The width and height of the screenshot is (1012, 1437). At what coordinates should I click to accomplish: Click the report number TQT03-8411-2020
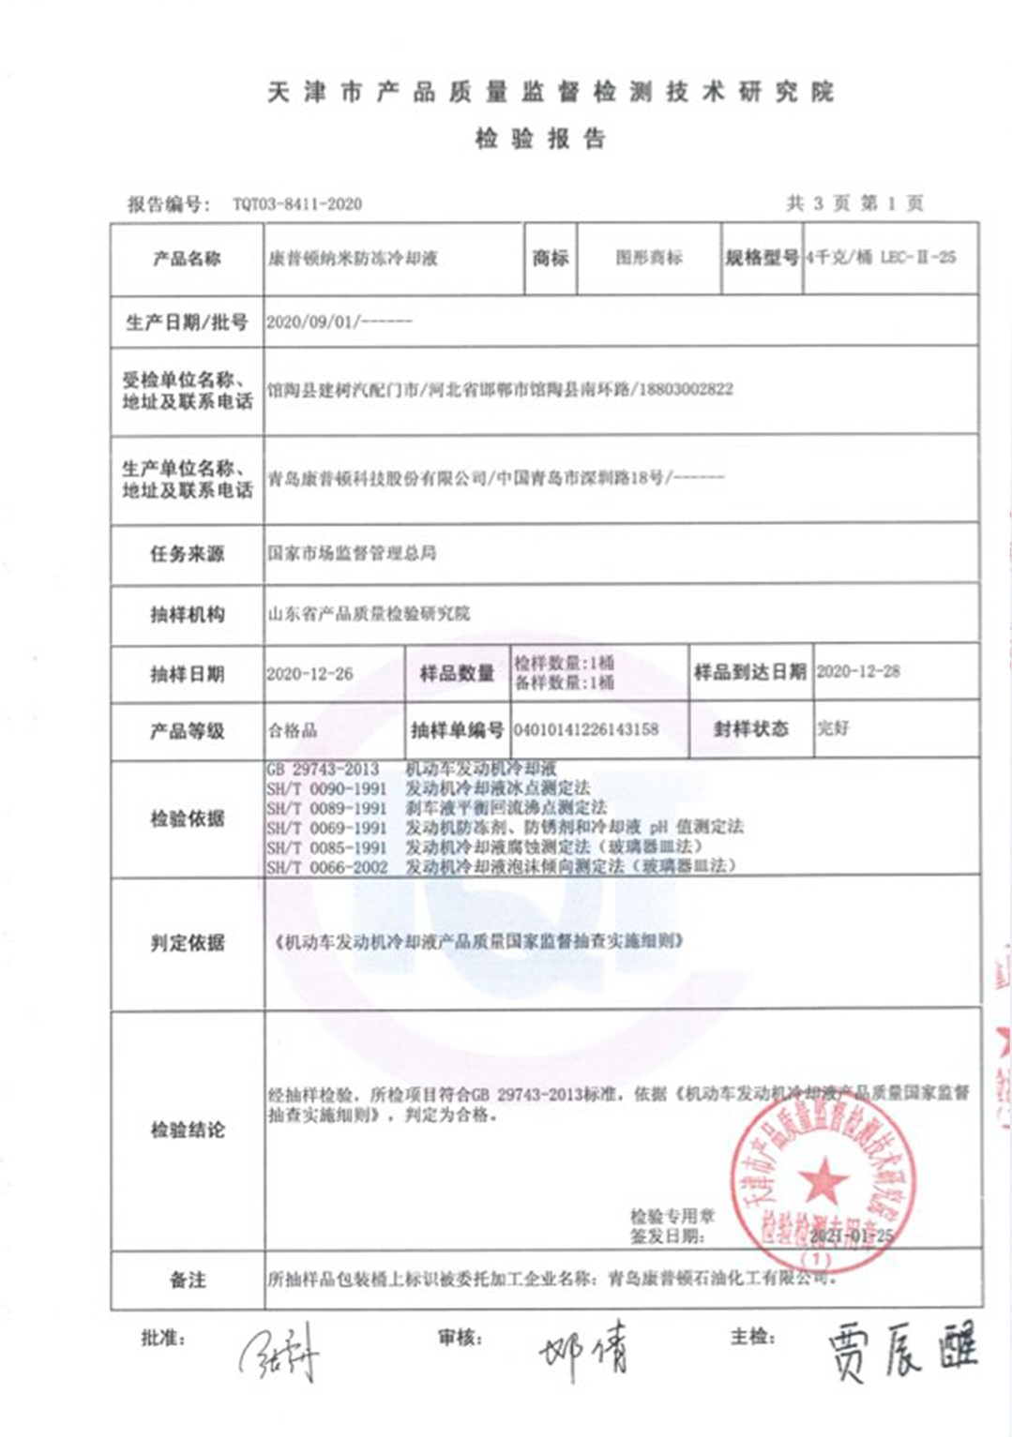(x=297, y=204)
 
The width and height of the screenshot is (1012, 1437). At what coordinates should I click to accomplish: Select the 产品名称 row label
(x=187, y=259)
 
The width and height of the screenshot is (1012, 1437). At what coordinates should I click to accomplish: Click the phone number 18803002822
(x=686, y=389)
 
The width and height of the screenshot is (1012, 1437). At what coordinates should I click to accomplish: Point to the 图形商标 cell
(x=649, y=258)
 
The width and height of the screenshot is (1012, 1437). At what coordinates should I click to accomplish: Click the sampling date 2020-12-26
(x=310, y=674)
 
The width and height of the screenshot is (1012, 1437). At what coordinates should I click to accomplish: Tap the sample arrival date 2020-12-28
(x=858, y=671)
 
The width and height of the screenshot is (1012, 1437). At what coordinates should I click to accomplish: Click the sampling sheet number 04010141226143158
(x=586, y=728)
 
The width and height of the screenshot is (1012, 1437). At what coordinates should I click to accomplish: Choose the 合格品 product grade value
(x=293, y=730)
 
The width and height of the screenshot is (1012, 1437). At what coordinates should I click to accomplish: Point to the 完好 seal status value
(x=833, y=728)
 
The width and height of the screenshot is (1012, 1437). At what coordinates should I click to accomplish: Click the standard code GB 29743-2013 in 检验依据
(x=323, y=769)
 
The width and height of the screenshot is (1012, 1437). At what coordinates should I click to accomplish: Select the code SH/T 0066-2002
(x=326, y=867)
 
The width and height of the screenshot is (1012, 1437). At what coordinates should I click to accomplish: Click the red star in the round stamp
(x=823, y=1179)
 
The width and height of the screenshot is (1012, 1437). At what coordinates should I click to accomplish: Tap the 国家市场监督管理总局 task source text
(x=352, y=553)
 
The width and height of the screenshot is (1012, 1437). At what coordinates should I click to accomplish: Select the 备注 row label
(x=187, y=1280)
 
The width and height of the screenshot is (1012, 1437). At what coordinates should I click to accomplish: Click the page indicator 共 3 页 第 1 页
(x=854, y=203)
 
